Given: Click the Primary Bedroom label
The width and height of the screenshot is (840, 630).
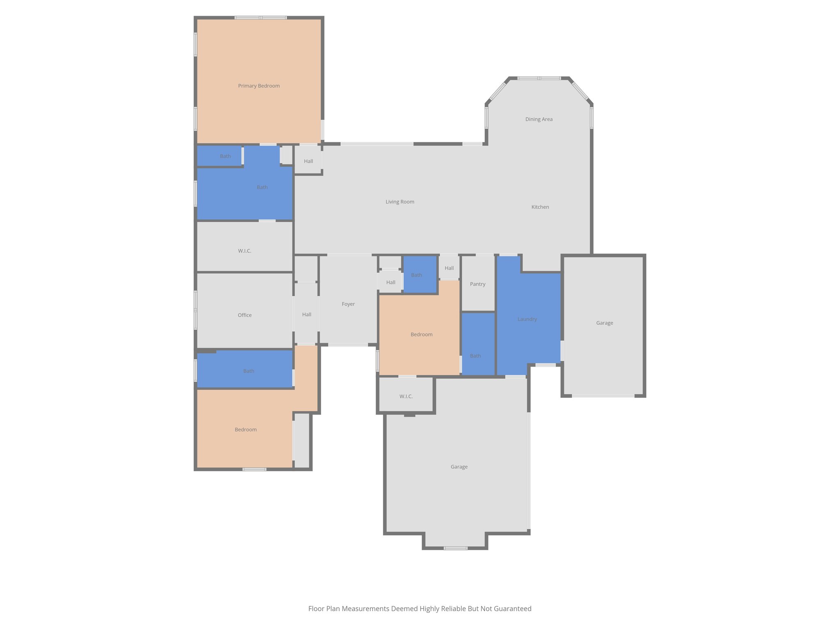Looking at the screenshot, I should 259,86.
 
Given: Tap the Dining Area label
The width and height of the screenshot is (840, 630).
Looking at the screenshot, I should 539,119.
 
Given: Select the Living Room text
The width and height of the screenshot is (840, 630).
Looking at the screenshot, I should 400,202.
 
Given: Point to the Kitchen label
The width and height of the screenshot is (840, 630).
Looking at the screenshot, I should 540,207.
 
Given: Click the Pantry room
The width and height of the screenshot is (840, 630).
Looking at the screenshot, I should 478,284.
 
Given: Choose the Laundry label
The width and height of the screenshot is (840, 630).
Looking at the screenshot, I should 527,319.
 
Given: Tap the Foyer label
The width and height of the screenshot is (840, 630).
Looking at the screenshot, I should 348,304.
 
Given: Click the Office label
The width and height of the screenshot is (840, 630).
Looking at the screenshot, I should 245,315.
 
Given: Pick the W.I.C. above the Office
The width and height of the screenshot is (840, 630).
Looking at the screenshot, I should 245,251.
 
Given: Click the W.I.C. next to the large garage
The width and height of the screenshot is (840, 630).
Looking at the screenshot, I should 406,396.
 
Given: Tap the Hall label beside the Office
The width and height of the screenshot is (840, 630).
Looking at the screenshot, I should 307,315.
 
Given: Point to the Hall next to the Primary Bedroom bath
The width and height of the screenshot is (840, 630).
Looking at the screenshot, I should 308,161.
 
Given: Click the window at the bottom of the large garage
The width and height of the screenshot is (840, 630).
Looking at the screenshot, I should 456,548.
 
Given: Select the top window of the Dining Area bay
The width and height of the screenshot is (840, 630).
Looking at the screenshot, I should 539,78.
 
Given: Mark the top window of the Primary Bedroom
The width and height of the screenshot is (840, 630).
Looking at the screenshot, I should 260,18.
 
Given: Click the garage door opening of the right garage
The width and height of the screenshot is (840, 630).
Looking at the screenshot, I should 603,396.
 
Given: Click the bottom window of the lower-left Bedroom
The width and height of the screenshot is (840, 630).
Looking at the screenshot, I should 254,469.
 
